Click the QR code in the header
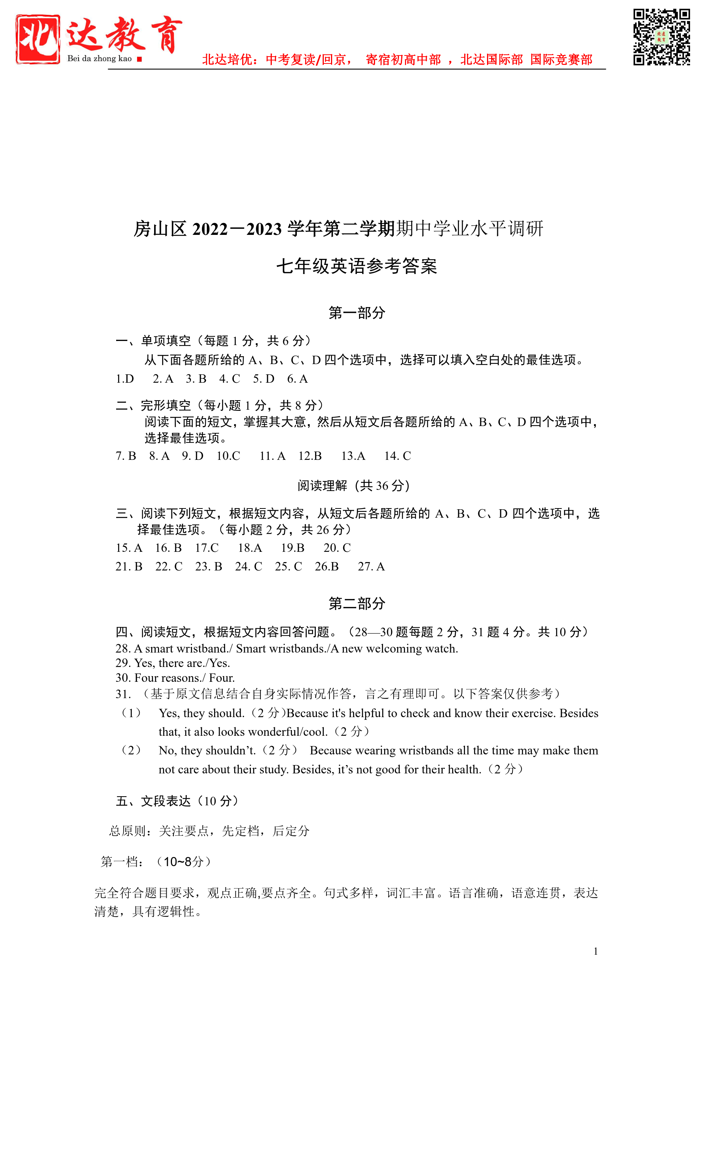click(x=661, y=37)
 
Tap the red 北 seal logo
click(x=38, y=39)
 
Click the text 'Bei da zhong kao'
click(x=99, y=59)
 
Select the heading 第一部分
click(x=357, y=313)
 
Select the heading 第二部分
click(x=357, y=604)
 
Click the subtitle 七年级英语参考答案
click(x=357, y=266)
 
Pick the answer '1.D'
click(x=125, y=379)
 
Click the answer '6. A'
click(x=298, y=379)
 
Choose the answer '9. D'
click(x=193, y=456)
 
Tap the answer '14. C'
click(x=397, y=456)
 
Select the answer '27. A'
click(x=371, y=567)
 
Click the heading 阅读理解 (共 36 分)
click(x=354, y=486)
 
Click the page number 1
click(x=596, y=952)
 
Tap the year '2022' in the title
click(x=210, y=229)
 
